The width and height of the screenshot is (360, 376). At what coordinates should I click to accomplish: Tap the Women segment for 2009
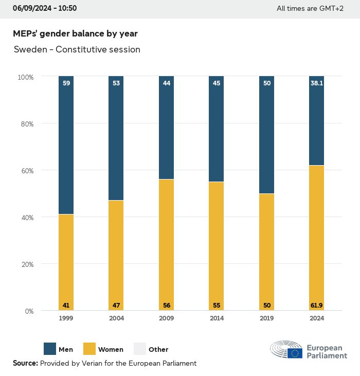tap(166, 245)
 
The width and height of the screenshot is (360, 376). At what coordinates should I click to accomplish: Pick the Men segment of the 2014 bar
tap(216, 129)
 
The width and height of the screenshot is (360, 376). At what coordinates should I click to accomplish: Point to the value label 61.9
tap(316, 306)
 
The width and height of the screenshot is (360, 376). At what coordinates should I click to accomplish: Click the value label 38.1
tap(316, 82)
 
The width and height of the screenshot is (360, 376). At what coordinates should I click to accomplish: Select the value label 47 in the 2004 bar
tap(116, 306)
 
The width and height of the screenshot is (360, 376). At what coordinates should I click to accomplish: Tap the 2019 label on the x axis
tap(266, 318)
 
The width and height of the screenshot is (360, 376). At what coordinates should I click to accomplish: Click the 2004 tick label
tap(116, 318)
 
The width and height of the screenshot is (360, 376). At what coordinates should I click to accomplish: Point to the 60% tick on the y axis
tap(26, 171)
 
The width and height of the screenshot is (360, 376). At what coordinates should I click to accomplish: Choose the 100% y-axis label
tap(25, 77)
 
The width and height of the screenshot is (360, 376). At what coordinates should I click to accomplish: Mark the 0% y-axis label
tap(29, 311)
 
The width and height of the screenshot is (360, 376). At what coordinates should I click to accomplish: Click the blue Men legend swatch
tap(50, 349)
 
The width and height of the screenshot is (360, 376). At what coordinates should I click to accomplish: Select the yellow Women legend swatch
tap(89, 349)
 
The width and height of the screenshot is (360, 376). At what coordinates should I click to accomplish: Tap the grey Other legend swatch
tap(140, 349)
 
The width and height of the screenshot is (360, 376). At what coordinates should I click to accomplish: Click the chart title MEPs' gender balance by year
tap(75, 33)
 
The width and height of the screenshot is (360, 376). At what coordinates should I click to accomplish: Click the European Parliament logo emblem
tap(286, 349)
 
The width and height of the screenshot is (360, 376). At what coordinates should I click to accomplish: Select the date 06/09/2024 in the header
tap(31, 8)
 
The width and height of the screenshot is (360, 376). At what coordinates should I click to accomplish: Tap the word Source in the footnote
tap(25, 363)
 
